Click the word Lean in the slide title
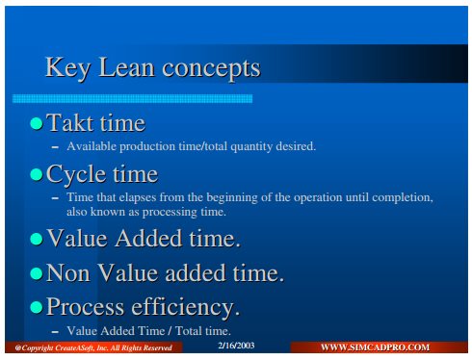pos(126,67)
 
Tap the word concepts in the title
pos(211,69)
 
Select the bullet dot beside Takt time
pos(37,123)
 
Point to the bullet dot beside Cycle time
pos(37,175)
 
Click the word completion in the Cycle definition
pos(402,197)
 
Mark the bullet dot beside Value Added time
pos(37,239)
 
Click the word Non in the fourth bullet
pos(68,273)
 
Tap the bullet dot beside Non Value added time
pos(37,273)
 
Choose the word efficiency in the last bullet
pos(186,307)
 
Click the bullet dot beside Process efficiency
pos(37,307)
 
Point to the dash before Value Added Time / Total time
pos(55,332)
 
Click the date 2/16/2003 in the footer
pos(236,346)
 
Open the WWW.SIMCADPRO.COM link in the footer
pos(375,347)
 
